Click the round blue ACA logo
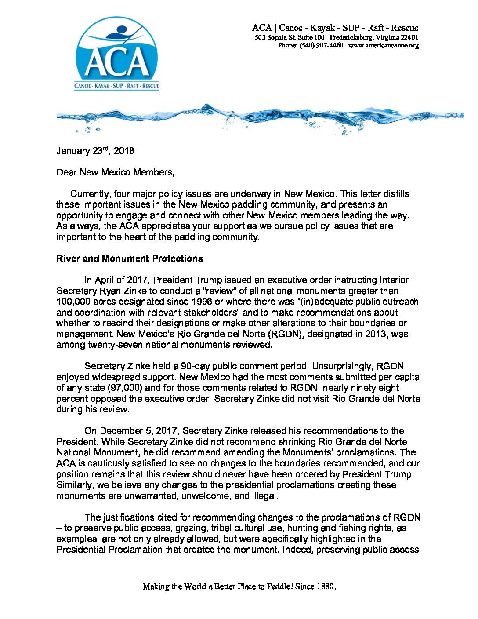tap(116, 54)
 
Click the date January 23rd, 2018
tap(95, 151)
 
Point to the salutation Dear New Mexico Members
tap(115, 172)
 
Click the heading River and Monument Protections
tap(130, 259)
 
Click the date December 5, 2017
tap(139, 431)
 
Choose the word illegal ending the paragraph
tap(265, 496)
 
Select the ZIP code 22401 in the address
tap(410, 38)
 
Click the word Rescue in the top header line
tap(405, 28)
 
